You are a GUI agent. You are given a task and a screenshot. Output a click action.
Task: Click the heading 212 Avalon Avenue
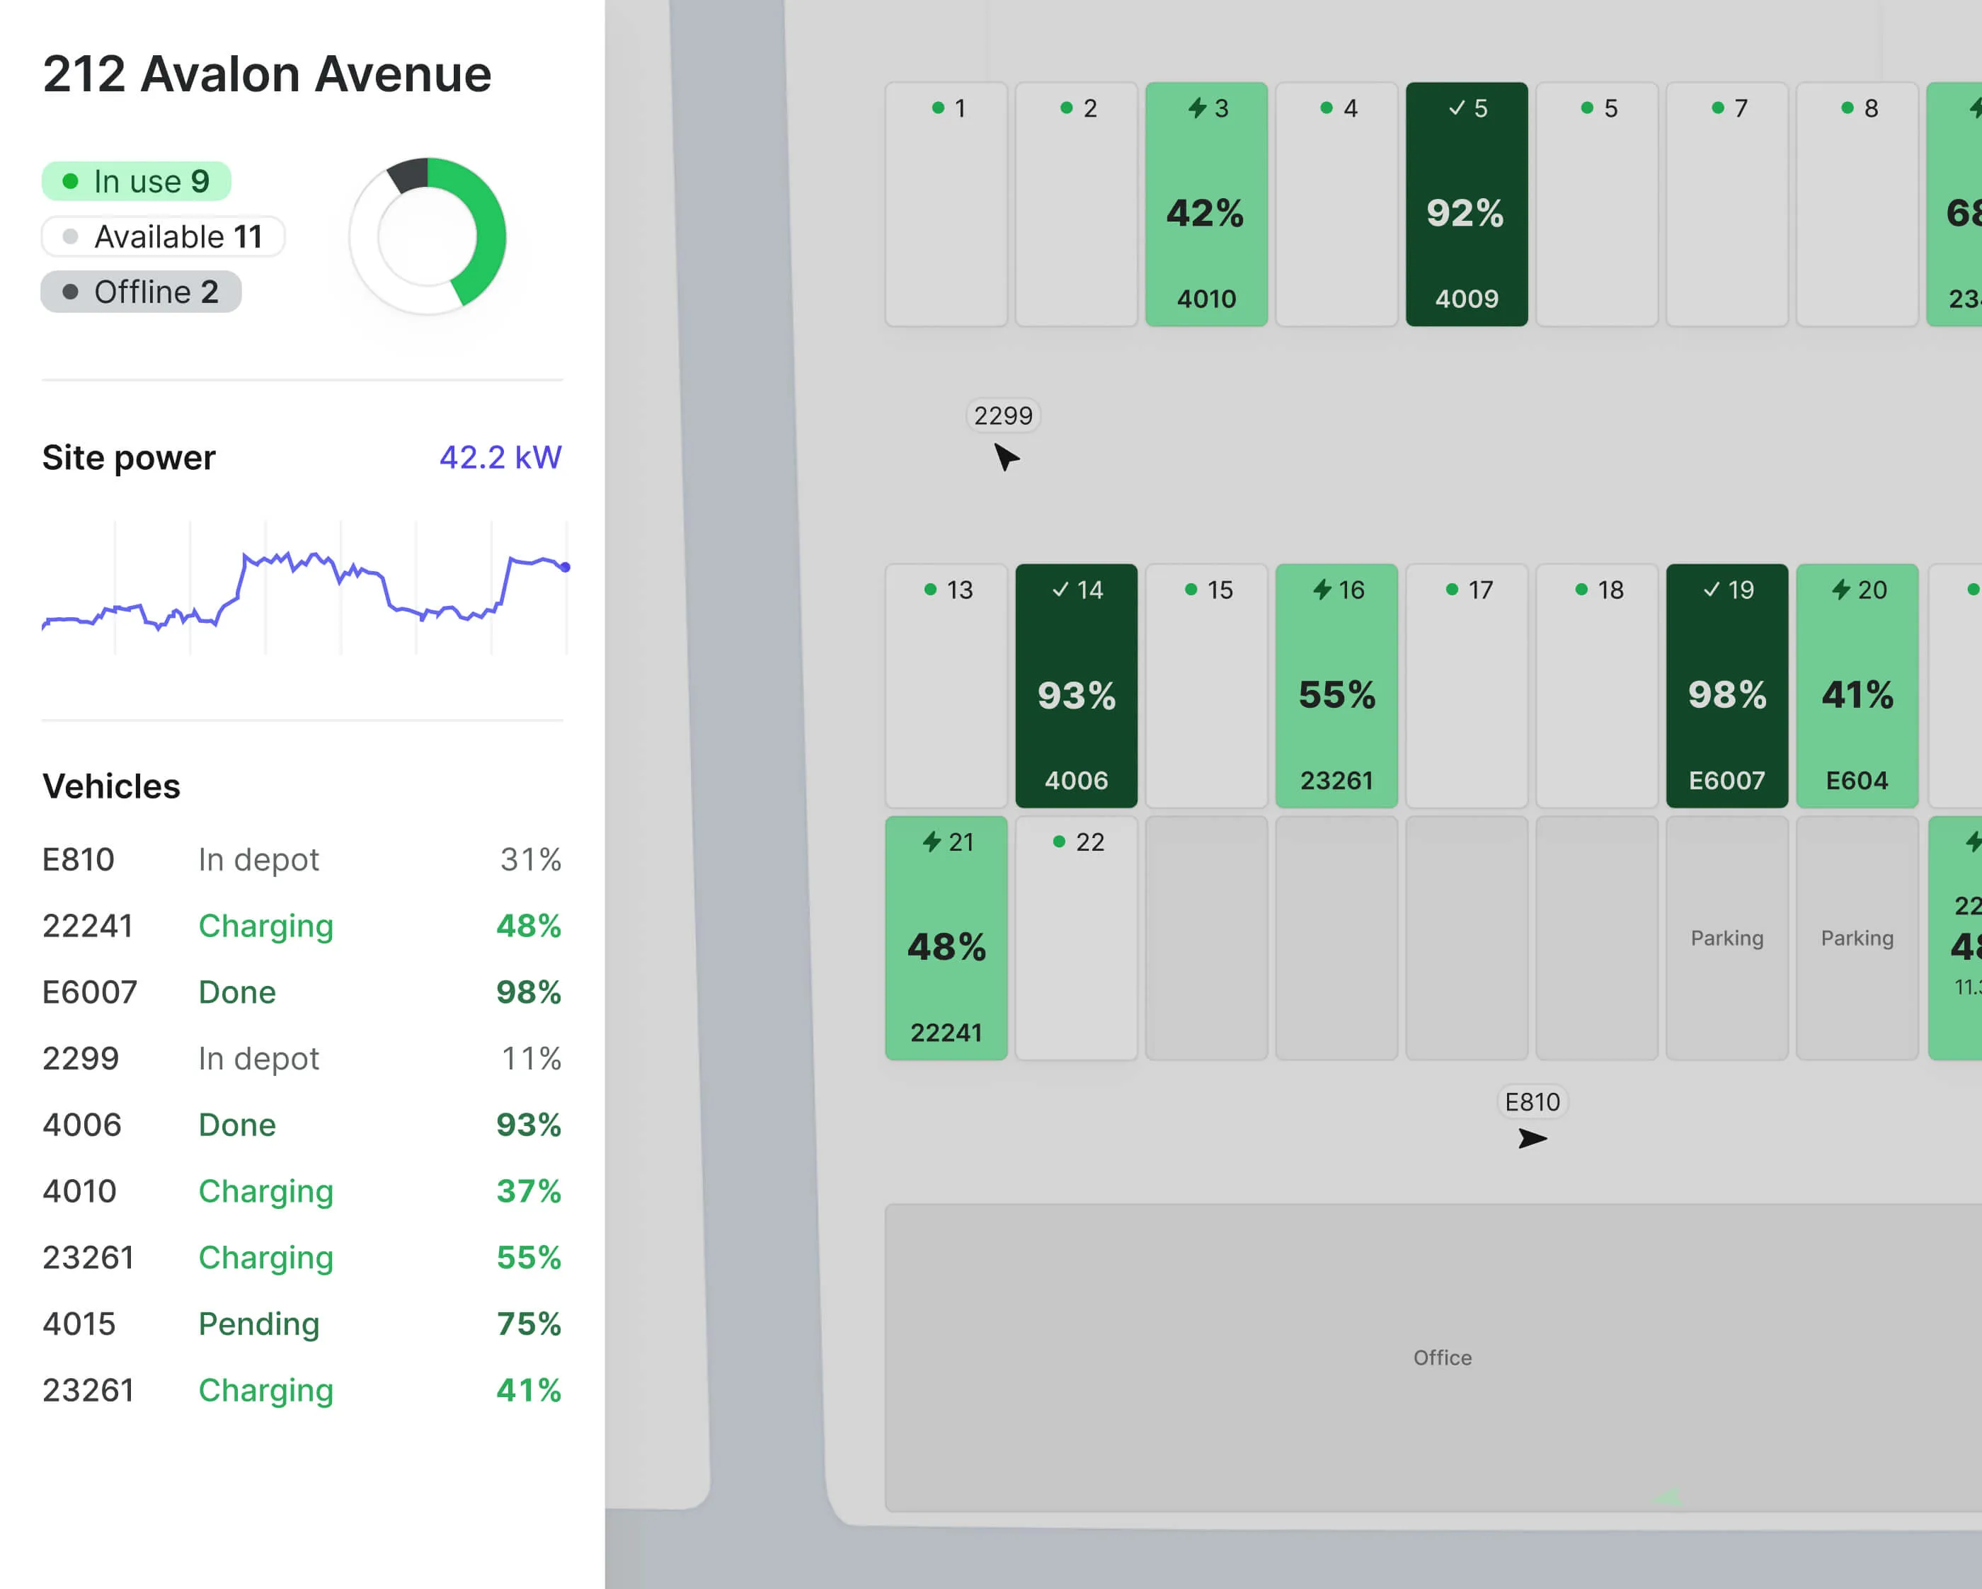click(x=267, y=74)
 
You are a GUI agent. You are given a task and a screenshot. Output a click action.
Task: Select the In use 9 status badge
click(x=136, y=181)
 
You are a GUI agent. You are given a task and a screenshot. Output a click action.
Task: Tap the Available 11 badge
click(x=163, y=237)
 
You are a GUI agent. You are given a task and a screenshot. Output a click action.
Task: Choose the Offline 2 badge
click(x=141, y=292)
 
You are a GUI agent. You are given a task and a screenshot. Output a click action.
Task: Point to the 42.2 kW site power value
click(x=500, y=457)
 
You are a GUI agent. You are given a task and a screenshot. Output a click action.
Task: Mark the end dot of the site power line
click(x=566, y=568)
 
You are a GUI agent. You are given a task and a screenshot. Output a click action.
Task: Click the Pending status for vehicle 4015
click(x=258, y=1324)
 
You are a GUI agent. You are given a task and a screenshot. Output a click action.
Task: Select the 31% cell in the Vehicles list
click(x=530, y=859)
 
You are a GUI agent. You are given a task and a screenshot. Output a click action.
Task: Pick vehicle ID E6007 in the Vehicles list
click(x=89, y=992)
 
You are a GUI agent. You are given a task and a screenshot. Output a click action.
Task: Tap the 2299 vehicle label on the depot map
click(x=1003, y=415)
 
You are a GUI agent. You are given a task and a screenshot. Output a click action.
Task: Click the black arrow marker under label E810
click(x=1532, y=1140)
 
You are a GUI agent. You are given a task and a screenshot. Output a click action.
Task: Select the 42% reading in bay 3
click(x=1205, y=213)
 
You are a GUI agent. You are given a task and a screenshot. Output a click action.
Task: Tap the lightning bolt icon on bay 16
click(x=1322, y=589)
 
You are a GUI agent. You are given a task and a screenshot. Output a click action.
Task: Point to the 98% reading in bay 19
click(x=1726, y=695)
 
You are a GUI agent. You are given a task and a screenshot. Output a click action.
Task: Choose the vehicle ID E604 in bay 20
click(x=1856, y=780)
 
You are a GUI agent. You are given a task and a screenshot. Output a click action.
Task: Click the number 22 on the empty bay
click(x=1089, y=842)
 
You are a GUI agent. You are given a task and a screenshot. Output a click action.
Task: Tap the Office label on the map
click(x=1441, y=1358)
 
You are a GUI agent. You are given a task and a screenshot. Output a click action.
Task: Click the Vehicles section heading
click(x=111, y=786)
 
